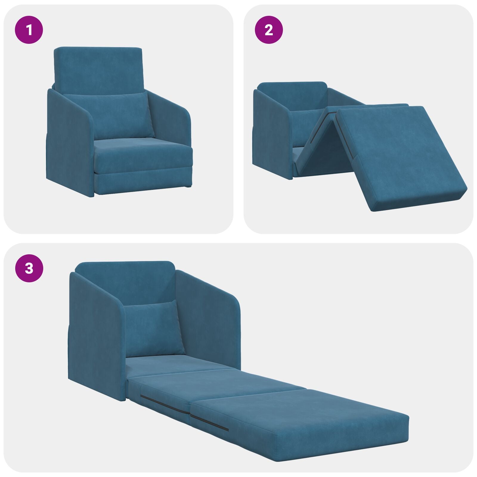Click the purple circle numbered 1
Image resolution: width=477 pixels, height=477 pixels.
(29, 30)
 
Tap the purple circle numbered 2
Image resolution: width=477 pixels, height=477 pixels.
(269, 30)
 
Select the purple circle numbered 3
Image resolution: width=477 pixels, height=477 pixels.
(29, 268)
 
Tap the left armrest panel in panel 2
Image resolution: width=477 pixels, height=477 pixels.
(271, 134)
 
